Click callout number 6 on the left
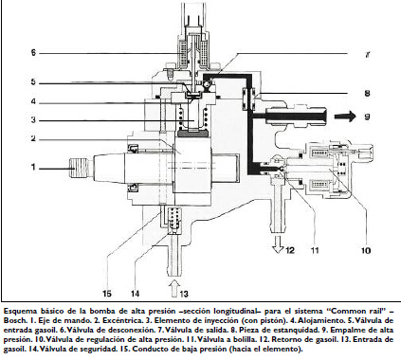click(33, 53)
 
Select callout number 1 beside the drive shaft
click(33, 168)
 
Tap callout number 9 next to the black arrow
click(367, 117)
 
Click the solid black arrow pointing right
click(345, 117)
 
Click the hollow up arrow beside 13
click(173, 287)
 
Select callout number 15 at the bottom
click(107, 294)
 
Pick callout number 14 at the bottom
click(136, 294)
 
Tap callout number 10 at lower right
click(365, 251)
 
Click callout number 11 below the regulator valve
click(314, 251)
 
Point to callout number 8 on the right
click(367, 94)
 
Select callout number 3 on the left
click(33, 120)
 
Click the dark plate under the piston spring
click(193, 135)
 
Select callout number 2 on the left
click(33, 138)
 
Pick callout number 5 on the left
click(33, 82)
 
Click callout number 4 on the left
click(33, 102)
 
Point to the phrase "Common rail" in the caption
click(355, 311)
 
